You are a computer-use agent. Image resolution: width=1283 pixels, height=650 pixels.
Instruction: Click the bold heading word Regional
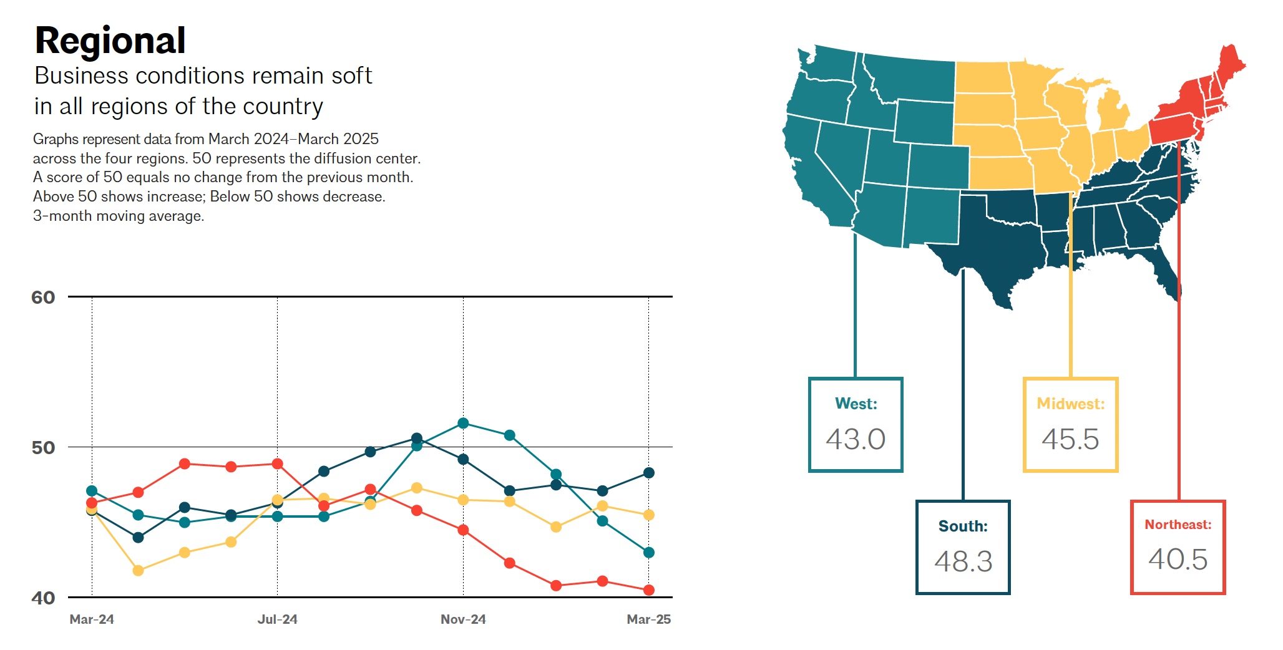tap(110, 41)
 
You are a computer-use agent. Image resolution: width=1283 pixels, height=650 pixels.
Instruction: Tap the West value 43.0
tap(856, 439)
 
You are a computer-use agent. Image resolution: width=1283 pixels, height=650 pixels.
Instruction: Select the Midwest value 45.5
tap(1070, 439)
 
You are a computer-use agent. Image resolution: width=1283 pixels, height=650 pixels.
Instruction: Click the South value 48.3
tap(963, 561)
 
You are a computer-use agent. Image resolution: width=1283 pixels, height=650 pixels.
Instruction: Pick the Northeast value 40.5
tap(1178, 559)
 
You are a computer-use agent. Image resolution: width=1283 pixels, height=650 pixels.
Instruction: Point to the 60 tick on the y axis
tap(43, 298)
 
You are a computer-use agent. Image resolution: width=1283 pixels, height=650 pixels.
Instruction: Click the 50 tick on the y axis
tap(43, 448)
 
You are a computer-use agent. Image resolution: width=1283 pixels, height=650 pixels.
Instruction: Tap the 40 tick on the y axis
tap(43, 598)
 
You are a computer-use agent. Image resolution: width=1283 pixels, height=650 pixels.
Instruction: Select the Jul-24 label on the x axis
tap(277, 619)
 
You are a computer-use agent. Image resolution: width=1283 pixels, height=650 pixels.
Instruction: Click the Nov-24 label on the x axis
tap(463, 619)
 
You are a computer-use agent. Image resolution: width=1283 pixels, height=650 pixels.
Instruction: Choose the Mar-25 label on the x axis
tap(648, 619)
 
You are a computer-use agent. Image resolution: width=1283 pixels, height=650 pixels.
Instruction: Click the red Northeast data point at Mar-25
tap(649, 590)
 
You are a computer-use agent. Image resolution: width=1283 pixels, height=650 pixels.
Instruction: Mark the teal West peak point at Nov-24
tap(463, 424)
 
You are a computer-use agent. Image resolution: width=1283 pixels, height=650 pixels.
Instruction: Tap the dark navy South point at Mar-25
tap(649, 473)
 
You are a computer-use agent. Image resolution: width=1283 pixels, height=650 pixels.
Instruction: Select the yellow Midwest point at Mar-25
tap(649, 515)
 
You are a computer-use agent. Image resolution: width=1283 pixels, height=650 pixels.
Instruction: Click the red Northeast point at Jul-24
tap(278, 464)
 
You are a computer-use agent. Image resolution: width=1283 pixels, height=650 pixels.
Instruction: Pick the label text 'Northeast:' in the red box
tap(1178, 525)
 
